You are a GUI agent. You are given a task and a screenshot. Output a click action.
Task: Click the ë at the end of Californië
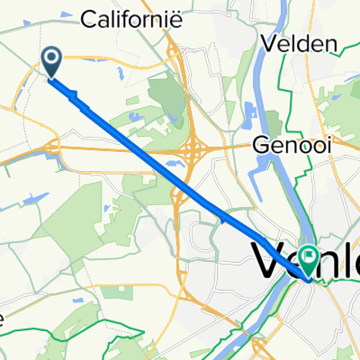[179, 18]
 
